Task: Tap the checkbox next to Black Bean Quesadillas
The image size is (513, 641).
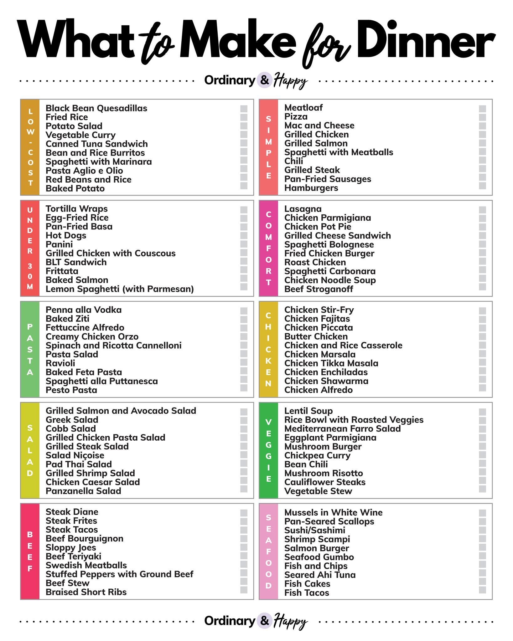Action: click(x=244, y=109)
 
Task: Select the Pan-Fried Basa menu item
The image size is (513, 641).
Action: click(x=79, y=227)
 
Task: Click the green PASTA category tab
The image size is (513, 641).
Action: click(x=30, y=349)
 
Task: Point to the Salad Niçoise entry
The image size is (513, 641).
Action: click(x=75, y=455)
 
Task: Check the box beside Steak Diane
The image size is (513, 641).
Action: click(x=244, y=513)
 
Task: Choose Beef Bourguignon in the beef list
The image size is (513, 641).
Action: click(x=85, y=539)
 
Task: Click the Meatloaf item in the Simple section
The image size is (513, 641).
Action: click(x=303, y=108)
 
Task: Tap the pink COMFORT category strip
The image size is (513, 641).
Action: click(x=268, y=248)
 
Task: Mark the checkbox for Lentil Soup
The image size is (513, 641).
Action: click(x=482, y=412)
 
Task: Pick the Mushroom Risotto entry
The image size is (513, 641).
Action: click(x=324, y=473)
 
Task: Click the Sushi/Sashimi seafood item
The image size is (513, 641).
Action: click(x=314, y=531)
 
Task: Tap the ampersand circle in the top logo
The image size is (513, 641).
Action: click(x=264, y=80)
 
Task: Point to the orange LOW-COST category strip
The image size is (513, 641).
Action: click(x=30, y=147)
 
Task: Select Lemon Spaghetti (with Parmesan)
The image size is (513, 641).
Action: click(x=120, y=289)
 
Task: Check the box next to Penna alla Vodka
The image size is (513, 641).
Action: click(x=244, y=311)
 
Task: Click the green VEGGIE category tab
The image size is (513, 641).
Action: click(x=268, y=450)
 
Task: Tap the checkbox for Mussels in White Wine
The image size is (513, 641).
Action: click(x=482, y=513)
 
